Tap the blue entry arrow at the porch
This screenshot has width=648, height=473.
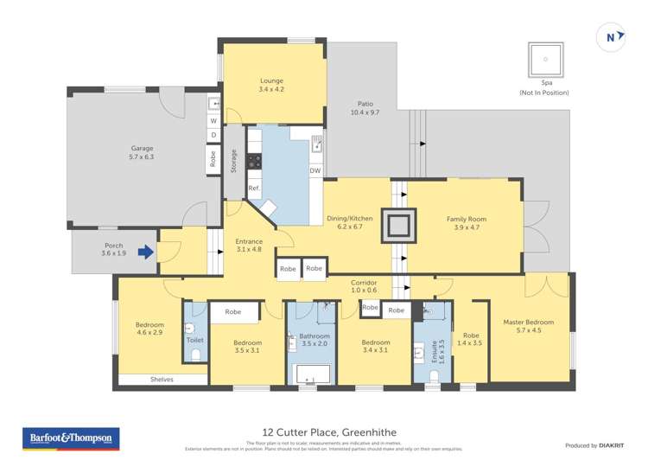point(146,252)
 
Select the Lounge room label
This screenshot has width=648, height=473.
point(270,85)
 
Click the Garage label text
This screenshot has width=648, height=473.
point(142,153)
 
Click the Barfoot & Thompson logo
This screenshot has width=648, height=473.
point(72,438)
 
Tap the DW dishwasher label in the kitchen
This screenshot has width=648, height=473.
point(315,170)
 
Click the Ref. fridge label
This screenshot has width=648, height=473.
point(254,188)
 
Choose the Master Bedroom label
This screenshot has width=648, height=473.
point(528,327)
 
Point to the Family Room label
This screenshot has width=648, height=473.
point(467,223)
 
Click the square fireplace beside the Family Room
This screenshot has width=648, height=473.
point(399,227)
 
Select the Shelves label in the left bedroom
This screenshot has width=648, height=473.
point(162,379)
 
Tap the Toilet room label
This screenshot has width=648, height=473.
point(194,340)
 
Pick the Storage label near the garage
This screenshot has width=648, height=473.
point(233,162)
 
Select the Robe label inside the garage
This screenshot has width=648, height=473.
point(212,159)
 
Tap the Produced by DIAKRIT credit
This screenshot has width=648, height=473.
point(594,444)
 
